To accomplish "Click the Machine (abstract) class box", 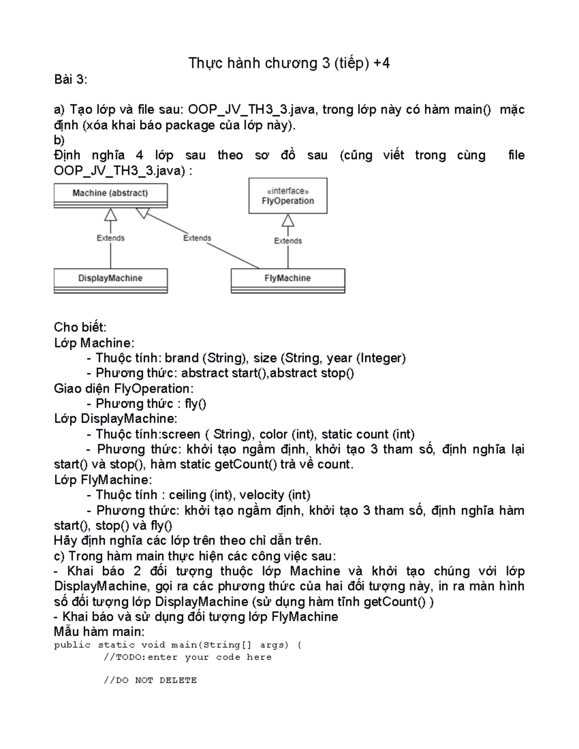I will coord(110,195).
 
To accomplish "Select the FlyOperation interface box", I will coord(288,196).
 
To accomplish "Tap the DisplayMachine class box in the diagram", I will coord(110,280).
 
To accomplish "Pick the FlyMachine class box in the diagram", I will coord(288,280).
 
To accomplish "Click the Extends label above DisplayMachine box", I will coord(110,238).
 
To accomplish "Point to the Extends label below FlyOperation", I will coord(288,241).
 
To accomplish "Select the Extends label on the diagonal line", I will coord(197,238).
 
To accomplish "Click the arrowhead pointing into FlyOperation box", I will coord(288,220).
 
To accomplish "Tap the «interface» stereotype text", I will coord(288,191).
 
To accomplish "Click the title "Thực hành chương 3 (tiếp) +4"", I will coord(289,63).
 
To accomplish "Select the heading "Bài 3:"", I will coord(70,80).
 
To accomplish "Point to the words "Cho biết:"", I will coord(80,327).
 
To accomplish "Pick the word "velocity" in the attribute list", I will coord(262,495).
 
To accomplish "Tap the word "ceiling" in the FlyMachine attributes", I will coord(187,495).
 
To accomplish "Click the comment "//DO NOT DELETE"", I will coord(150,680).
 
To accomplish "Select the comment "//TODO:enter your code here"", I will coord(187,657).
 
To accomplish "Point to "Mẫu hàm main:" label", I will coord(99,631).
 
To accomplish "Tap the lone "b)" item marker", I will coord(59,140).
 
